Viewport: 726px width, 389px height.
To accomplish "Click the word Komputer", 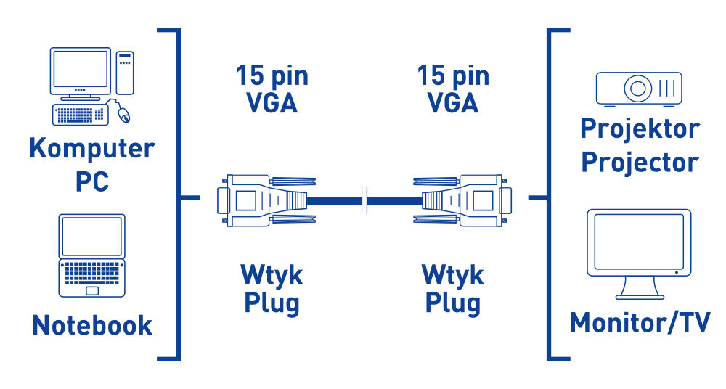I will point(91,149).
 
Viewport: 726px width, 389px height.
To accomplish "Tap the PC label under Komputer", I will point(91,180).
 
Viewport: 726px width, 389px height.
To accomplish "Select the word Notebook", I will point(91,324).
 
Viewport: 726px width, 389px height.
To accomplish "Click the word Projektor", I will point(639,129).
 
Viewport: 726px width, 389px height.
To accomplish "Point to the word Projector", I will point(639,161).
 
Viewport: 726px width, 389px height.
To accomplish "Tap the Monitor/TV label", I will point(639,322).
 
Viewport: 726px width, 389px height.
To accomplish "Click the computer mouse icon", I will point(123,112).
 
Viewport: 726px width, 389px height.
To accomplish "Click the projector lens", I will point(638,89).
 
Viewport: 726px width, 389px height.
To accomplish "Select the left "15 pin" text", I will point(272,75).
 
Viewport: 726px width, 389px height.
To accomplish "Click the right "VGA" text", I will point(453,104).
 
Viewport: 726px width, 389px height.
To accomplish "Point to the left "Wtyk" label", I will point(272,275).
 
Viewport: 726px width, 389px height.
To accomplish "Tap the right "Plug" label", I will point(453,303).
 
